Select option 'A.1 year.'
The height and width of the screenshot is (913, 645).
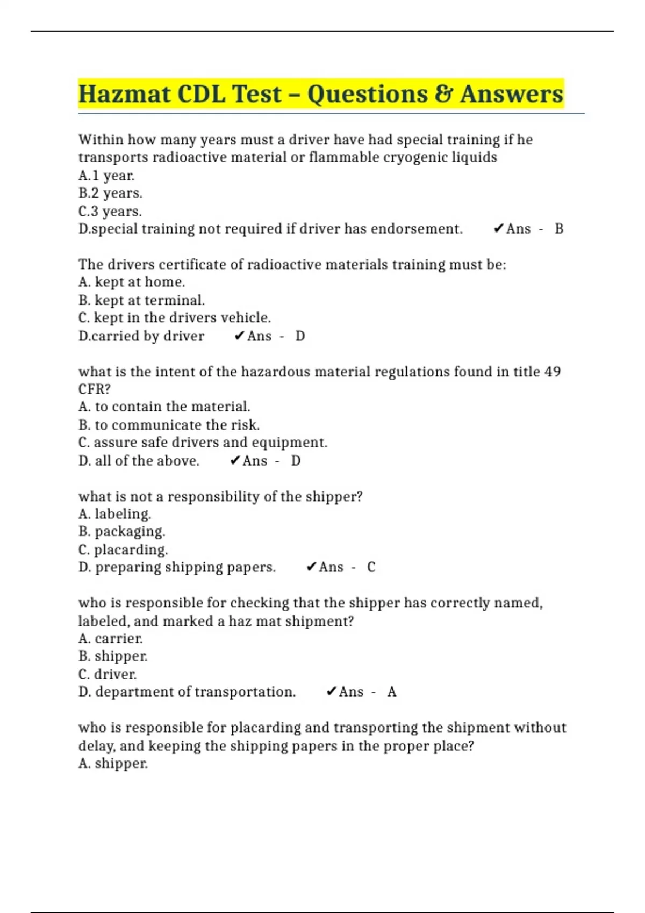[106, 176]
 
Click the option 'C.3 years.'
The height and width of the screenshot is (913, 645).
[110, 211]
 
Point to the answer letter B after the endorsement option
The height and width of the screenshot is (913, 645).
[559, 229]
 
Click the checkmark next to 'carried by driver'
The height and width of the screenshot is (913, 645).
[240, 336]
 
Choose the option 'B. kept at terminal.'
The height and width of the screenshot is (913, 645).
[141, 300]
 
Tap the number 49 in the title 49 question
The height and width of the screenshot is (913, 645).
[553, 372]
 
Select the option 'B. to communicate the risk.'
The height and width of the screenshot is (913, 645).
[169, 425]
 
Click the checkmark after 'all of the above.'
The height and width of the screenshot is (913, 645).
[235, 461]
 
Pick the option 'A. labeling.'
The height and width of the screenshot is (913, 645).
[114, 514]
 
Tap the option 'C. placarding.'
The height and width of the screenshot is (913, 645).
[123, 549]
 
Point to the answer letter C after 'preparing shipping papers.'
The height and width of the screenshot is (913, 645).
[371, 567]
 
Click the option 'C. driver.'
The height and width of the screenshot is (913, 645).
[107, 674]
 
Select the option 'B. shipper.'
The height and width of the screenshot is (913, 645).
[113, 656]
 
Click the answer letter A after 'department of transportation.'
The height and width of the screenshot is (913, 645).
[392, 692]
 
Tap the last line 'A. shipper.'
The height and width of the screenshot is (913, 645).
[113, 763]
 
